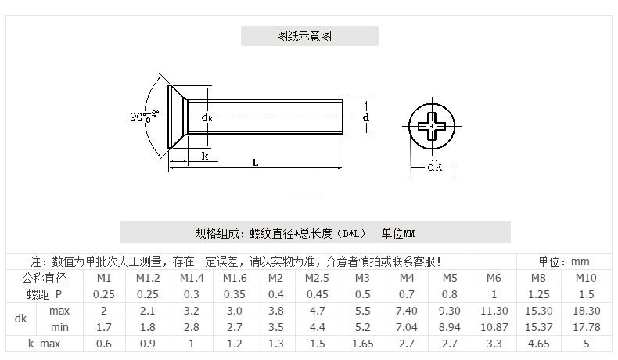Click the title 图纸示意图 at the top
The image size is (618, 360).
(309, 36)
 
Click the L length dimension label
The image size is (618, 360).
(256, 162)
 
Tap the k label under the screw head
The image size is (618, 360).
(205, 156)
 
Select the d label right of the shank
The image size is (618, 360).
(366, 117)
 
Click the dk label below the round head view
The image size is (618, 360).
(434, 167)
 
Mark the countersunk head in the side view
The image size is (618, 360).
(179, 117)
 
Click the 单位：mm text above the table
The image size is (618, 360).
(563, 261)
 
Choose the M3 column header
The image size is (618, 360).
(362, 278)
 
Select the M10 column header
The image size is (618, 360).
(586, 278)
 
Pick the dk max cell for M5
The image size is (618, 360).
(450, 311)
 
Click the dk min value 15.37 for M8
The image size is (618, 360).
(538, 327)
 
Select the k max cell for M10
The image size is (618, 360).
(586, 344)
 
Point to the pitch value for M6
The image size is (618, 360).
(494, 294)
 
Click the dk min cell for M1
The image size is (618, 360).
(104, 327)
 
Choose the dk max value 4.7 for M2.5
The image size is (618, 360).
(317, 311)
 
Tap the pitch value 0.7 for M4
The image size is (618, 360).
(407, 294)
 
